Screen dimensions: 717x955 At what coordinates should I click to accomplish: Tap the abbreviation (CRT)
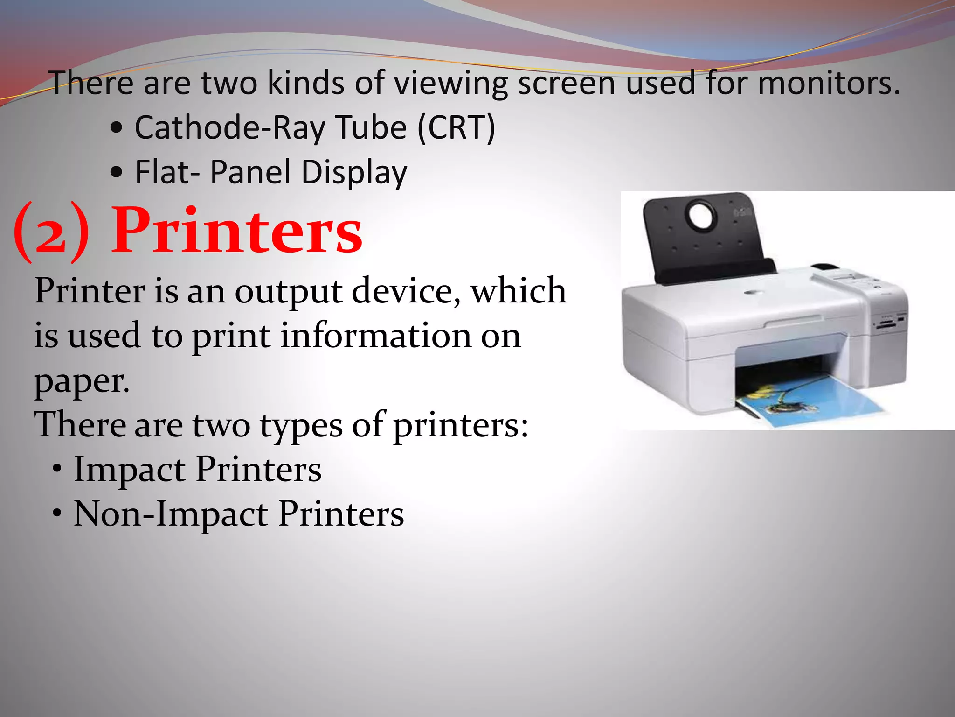pyautogui.click(x=456, y=127)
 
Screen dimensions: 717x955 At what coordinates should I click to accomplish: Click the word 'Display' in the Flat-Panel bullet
pyautogui.click(x=354, y=172)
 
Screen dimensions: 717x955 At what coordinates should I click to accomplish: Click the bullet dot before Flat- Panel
pyautogui.click(x=117, y=173)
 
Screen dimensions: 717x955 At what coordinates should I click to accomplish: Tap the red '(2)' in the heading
pyautogui.click(x=51, y=232)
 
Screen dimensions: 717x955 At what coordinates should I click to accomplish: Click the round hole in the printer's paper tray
pyautogui.click(x=700, y=216)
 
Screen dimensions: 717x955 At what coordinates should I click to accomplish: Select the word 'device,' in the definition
pyautogui.click(x=406, y=291)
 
